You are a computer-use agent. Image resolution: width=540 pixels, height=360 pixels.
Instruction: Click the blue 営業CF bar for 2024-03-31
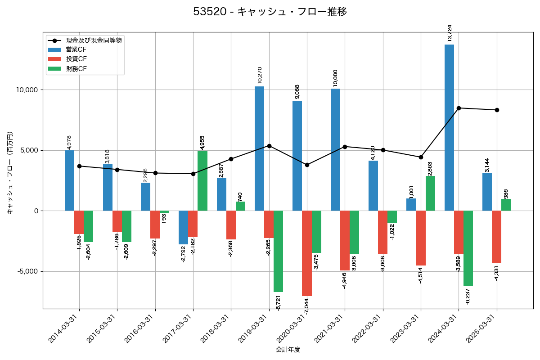pyautogui.click(x=449, y=127)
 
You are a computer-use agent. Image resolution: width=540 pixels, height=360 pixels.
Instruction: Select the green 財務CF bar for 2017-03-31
pyautogui.click(x=202, y=180)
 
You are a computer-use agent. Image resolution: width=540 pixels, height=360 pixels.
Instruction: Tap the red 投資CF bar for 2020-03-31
pyautogui.click(x=307, y=253)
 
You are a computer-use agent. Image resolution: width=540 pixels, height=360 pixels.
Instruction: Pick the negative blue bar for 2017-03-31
pyautogui.click(x=183, y=227)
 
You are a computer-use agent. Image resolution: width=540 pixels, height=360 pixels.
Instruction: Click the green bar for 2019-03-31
pyautogui.click(x=278, y=251)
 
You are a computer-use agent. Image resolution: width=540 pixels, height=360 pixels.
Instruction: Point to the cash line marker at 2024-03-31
pyautogui.click(x=459, y=108)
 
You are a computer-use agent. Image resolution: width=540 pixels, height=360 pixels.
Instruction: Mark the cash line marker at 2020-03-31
pyautogui.click(x=307, y=165)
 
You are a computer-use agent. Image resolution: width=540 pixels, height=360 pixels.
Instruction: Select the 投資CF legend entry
pyautogui.click(x=76, y=59)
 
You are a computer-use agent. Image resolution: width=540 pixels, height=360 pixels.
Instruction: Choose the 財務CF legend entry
pyautogui.click(x=76, y=69)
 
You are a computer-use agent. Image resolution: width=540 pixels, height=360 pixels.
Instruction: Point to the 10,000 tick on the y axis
pyautogui.click(x=27, y=90)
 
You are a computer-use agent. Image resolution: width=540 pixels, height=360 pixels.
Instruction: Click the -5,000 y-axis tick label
pyautogui.click(x=27, y=272)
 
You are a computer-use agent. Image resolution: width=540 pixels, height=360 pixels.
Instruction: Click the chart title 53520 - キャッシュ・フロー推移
pyautogui.click(x=270, y=12)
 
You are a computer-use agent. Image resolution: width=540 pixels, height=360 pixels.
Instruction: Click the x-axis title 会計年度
pyautogui.click(x=288, y=350)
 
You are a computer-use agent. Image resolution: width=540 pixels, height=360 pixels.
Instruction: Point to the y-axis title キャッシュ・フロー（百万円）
pyautogui.click(x=10, y=172)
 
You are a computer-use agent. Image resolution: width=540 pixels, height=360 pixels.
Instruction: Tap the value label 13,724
pyautogui.click(x=450, y=33)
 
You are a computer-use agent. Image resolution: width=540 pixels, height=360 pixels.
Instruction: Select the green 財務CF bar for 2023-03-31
pyautogui.click(x=430, y=193)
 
